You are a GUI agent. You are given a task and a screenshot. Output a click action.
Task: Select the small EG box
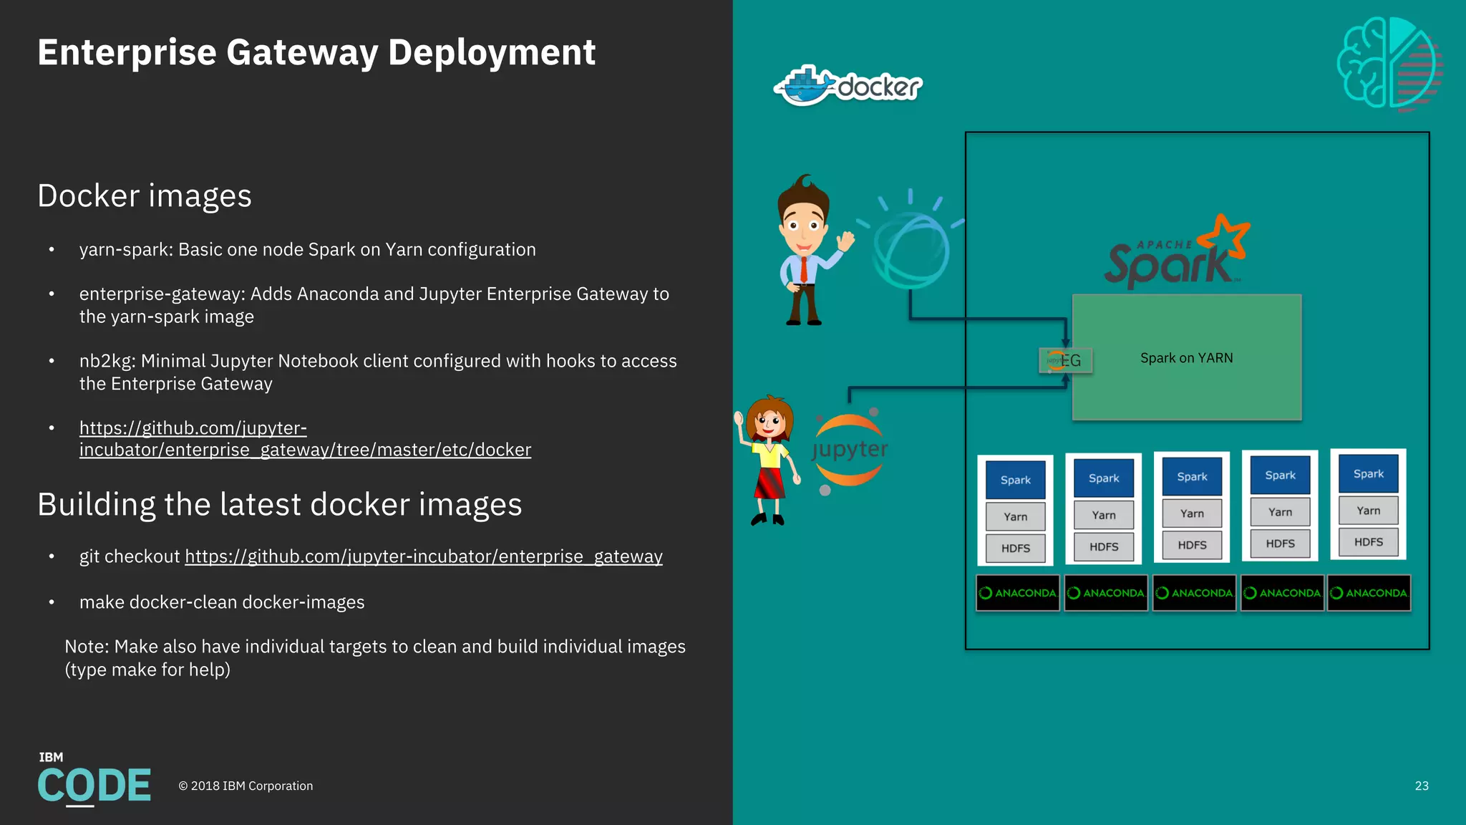coord(1065,360)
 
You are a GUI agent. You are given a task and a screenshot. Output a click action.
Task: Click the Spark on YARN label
coord(1186,358)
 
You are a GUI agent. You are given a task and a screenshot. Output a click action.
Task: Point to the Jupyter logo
coord(850,450)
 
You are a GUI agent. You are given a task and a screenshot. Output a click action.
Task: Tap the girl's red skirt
coord(770,483)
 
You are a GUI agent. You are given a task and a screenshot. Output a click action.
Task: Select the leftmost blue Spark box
coord(1015,480)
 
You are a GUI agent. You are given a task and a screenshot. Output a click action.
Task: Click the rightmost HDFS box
coord(1368,542)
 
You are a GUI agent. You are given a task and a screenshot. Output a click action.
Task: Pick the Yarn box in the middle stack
coord(1192,513)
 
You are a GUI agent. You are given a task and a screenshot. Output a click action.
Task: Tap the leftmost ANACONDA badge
coord(1017,593)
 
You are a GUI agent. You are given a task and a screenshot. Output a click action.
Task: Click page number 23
coord(1422,786)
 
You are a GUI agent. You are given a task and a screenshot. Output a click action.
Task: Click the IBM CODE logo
coord(94,781)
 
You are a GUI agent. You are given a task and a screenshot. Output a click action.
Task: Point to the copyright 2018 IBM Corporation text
coord(246,786)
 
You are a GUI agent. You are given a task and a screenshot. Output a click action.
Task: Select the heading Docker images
coord(145,196)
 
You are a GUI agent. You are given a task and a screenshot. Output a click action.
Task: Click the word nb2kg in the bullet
coord(107,361)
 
